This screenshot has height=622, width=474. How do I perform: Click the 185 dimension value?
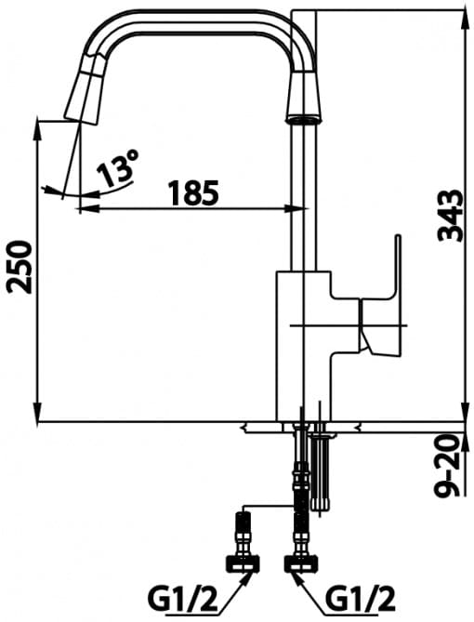pos(193,192)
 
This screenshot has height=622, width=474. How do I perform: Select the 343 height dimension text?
pos(450,216)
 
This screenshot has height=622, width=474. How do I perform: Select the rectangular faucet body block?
pos(305,344)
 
